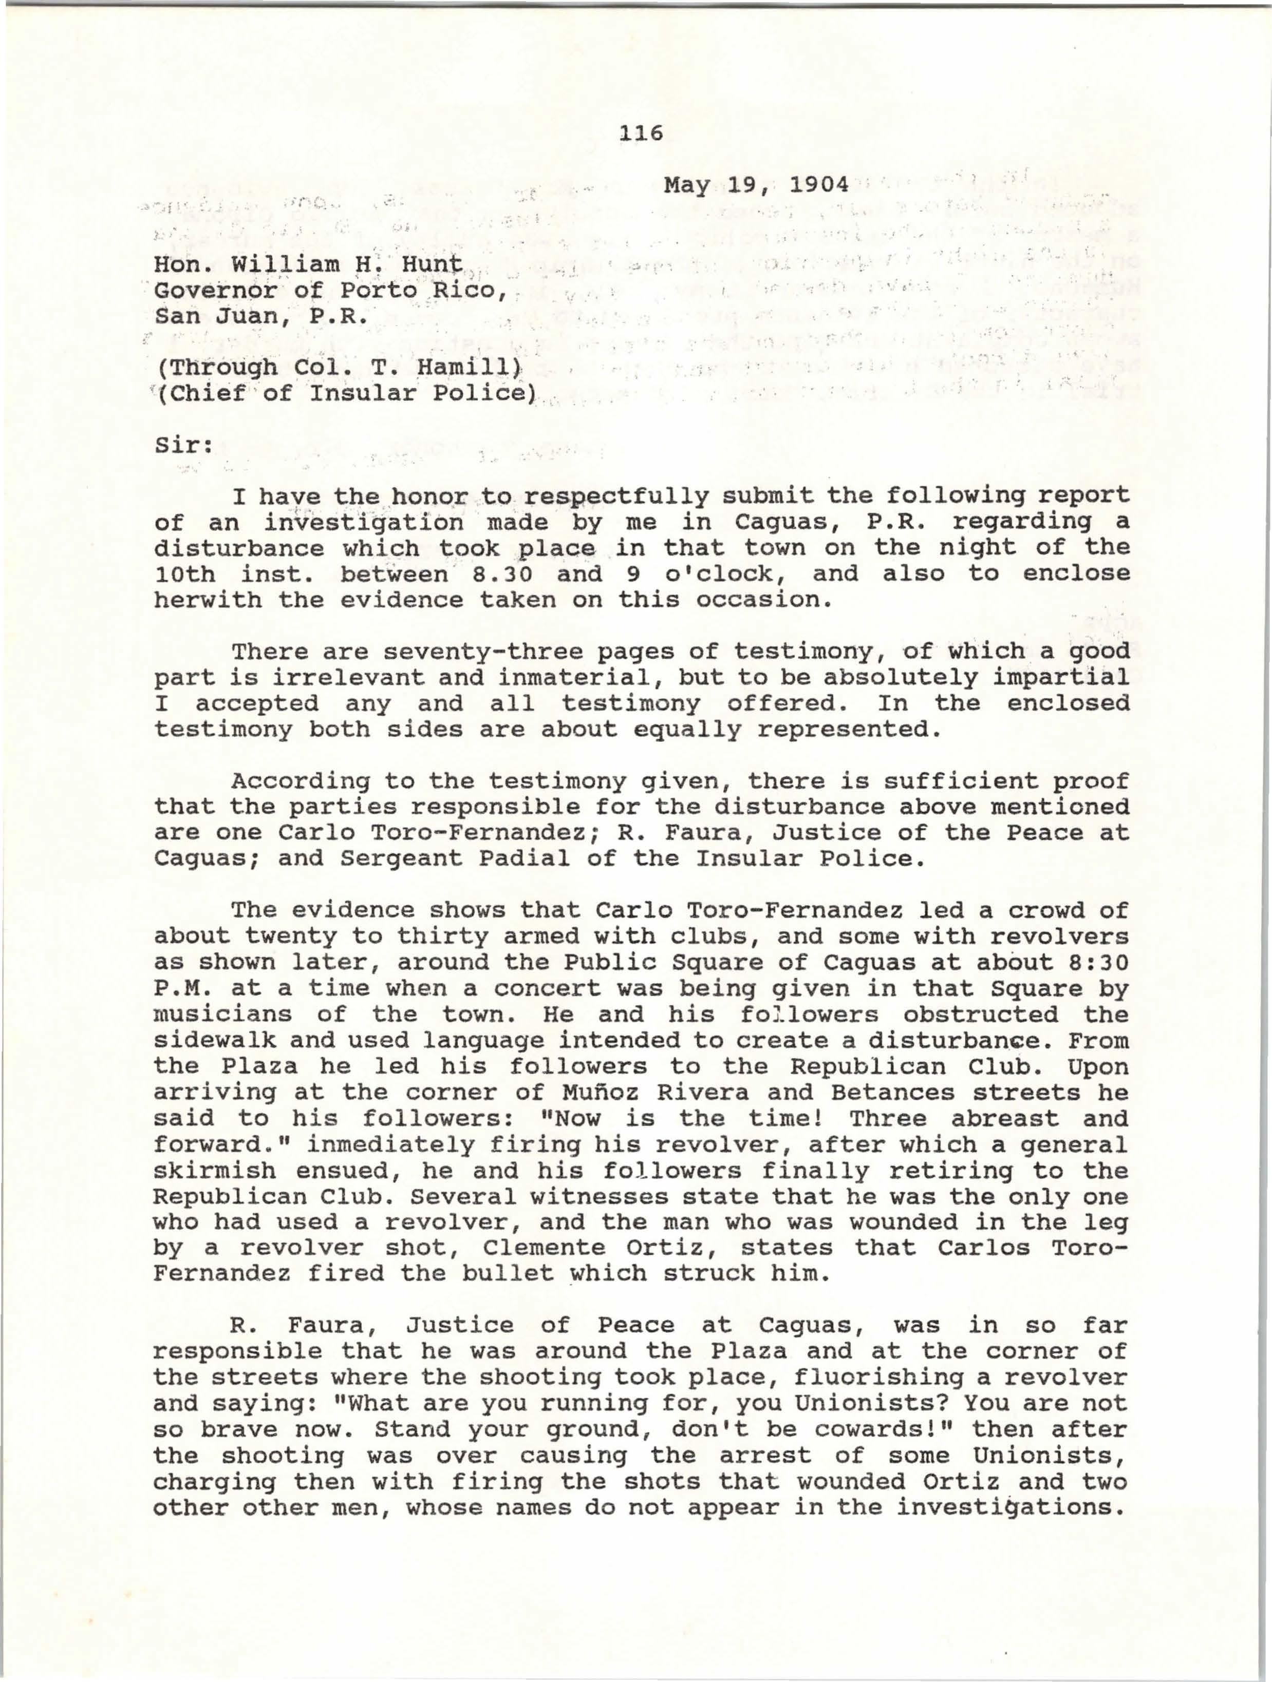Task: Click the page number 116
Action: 641,134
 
